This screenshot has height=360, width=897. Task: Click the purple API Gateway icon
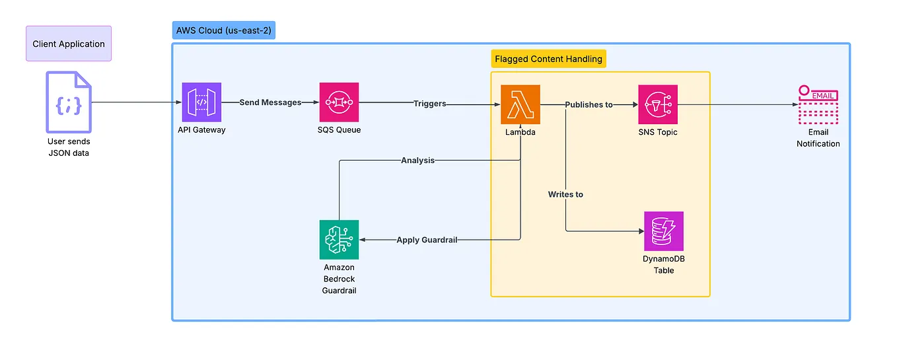pyautogui.click(x=201, y=102)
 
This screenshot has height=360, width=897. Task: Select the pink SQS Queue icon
pyautogui.click(x=339, y=102)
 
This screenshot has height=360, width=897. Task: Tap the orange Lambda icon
pyautogui.click(x=520, y=104)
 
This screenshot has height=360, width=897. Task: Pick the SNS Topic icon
pyautogui.click(x=658, y=104)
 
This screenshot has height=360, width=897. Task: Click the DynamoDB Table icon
pyautogui.click(x=664, y=231)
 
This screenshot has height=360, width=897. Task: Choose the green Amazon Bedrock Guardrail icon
pyautogui.click(x=339, y=239)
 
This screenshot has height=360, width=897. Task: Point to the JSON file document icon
pyautogui.click(x=69, y=102)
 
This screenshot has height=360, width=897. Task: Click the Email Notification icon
pyautogui.click(x=818, y=104)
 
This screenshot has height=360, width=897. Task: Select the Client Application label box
pyautogui.click(x=69, y=44)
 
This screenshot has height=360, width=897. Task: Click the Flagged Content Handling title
pyautogui.click(x=548, y=59)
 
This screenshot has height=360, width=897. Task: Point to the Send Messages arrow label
pyautogui.click(x=271, y=103)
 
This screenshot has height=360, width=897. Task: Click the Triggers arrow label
pyautogui.click(x=429, y=104)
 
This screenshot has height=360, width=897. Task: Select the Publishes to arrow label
pyautogui.click(x=589, y=104)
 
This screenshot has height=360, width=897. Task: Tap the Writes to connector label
pyautogui.click(x=565, y=194)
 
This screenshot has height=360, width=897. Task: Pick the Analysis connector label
pyautogui.click(x=417, y=160)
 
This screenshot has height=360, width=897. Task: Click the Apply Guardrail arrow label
pyautogui.click(x=427, y=240)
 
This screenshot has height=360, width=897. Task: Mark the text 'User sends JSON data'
pyautogui.click(x=69, y=147)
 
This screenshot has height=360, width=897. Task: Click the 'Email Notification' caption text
pyautogui.click(x=818, y=138)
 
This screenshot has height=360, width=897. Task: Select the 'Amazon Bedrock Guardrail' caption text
pyautogui.click(x=339, y=279)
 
